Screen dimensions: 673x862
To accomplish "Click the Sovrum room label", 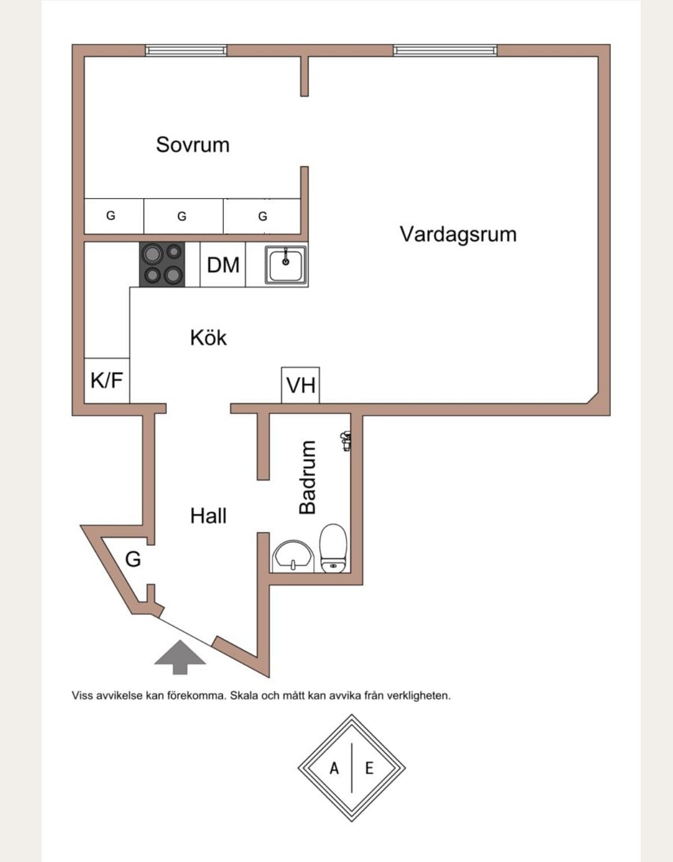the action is pyautogui.click(x=193, y=144).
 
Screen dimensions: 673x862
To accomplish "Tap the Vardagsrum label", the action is pyautogui.click(x=458, y=234).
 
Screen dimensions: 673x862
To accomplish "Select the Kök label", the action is pyautogui.click(x=208, y=338).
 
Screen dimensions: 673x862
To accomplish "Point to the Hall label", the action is pyautogui.click(x=208, y=516).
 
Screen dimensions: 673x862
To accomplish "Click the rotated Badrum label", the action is pyautogui.click(x=308, y=477).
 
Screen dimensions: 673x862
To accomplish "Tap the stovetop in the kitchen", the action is pyautogui.click(x=162, y=264).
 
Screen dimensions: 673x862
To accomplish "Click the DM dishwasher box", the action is pyautogui.click(x=223, y=264).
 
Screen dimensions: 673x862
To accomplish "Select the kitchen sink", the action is pyautogui.click(x=286, y=265).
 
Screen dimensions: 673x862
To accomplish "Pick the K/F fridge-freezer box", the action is pyautogui.click(x=107, y=380).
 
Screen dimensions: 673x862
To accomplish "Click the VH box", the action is pyautogui.click(x=300, y=385).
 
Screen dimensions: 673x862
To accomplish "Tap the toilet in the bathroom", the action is pyautogui.click(x=333, y=548).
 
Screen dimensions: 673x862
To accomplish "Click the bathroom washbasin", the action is pyautogui.click(x=293, y=555).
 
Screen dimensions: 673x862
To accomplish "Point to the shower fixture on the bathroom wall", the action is pyautogui.click(x=345, y=441).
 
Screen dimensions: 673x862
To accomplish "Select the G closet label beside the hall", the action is pyautogui.click(x=133, y=559).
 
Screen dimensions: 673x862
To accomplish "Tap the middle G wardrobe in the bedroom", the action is pyautogui.click(x=183, y=216).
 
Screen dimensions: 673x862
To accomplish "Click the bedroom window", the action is pyautogui.click(x=186, y=50).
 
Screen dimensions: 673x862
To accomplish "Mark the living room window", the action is pyautogui.click(x=445, y=50).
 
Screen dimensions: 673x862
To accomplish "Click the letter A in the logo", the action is pyautogui.click(x=334, y=768).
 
